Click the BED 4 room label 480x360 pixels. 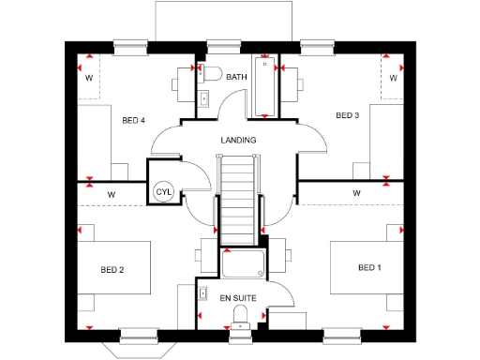[x=134, y=120]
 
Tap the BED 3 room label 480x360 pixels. [x=348, y=115]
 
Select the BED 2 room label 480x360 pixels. [x=112, y=269]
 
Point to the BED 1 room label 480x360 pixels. [x=370, y=268]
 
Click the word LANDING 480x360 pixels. [x=238, y=140]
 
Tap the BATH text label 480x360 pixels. [x=236, y=77]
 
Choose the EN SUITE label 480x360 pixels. [x=237, y=297]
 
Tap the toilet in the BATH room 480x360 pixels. [x=210, y=75]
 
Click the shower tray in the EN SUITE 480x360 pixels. [x=243, y=264]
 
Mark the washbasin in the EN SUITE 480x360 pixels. [x=203, y=293]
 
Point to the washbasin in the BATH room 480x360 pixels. [x=203, y=98]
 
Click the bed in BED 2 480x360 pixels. [x=112, y=270]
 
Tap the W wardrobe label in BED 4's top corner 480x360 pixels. [x=89, y=78]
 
